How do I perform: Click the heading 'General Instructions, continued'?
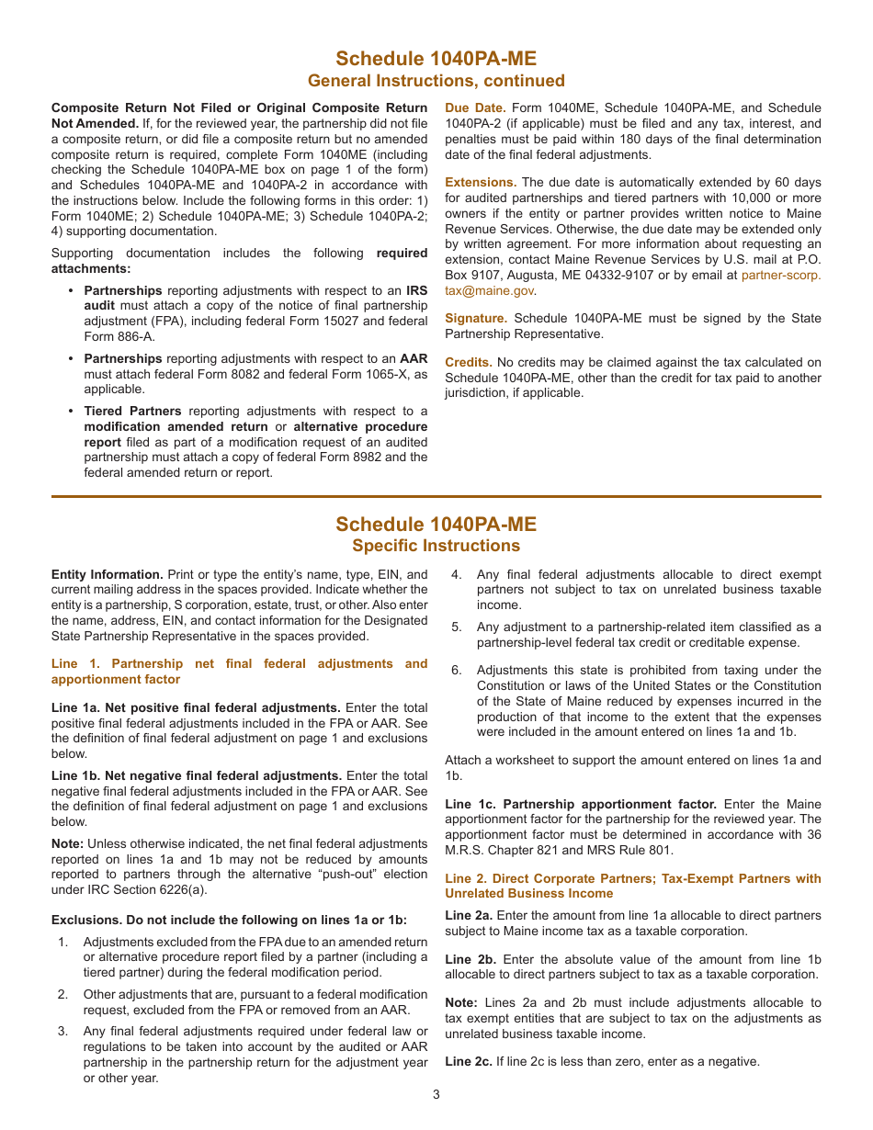tap(436, 81)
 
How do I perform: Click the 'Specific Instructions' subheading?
tap(436, 546)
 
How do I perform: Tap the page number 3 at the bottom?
tap(436, 1094)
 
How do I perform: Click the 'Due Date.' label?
tap(475, 108)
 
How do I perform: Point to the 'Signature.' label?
tap(476, 319)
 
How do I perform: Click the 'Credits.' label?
tap(469, 363)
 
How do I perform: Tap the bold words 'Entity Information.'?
tap(107, 575)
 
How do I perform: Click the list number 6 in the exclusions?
tap(456, 671)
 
